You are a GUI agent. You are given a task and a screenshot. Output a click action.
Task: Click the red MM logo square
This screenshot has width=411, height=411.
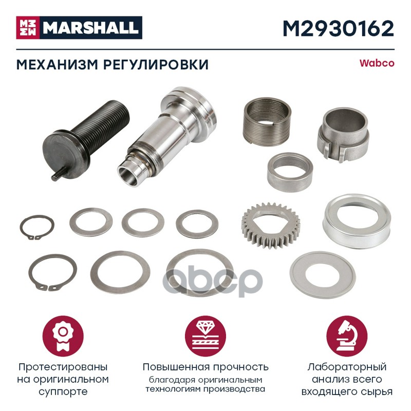coord(28,28)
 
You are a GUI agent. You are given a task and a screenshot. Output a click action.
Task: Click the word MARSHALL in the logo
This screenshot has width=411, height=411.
coord(91,28)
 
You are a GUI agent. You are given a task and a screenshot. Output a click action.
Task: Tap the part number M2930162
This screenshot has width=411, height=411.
coord(339,29)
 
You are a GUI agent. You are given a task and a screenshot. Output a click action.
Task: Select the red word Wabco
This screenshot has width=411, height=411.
coord(377,63)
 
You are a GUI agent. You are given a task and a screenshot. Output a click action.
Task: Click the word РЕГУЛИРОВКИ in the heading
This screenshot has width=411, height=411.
coord(156,65)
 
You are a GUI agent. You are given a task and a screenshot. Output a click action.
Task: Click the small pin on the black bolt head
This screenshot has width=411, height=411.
coord(58,174)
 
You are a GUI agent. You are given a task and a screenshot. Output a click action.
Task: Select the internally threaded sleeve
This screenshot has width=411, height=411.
coord(267,122)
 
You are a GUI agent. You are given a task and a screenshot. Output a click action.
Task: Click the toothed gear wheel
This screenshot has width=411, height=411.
coord(271,226)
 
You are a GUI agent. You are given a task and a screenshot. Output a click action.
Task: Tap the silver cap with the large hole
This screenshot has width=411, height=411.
coord(357,221)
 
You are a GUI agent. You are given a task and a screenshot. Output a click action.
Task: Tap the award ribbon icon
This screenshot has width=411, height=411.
coord(63,336)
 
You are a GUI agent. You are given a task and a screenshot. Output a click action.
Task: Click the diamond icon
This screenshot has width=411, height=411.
coord(206,336)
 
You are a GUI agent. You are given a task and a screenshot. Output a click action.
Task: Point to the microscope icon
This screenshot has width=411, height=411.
coord(347,336)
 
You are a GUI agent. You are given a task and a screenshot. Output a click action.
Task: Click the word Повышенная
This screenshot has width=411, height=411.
coord(176,367)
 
